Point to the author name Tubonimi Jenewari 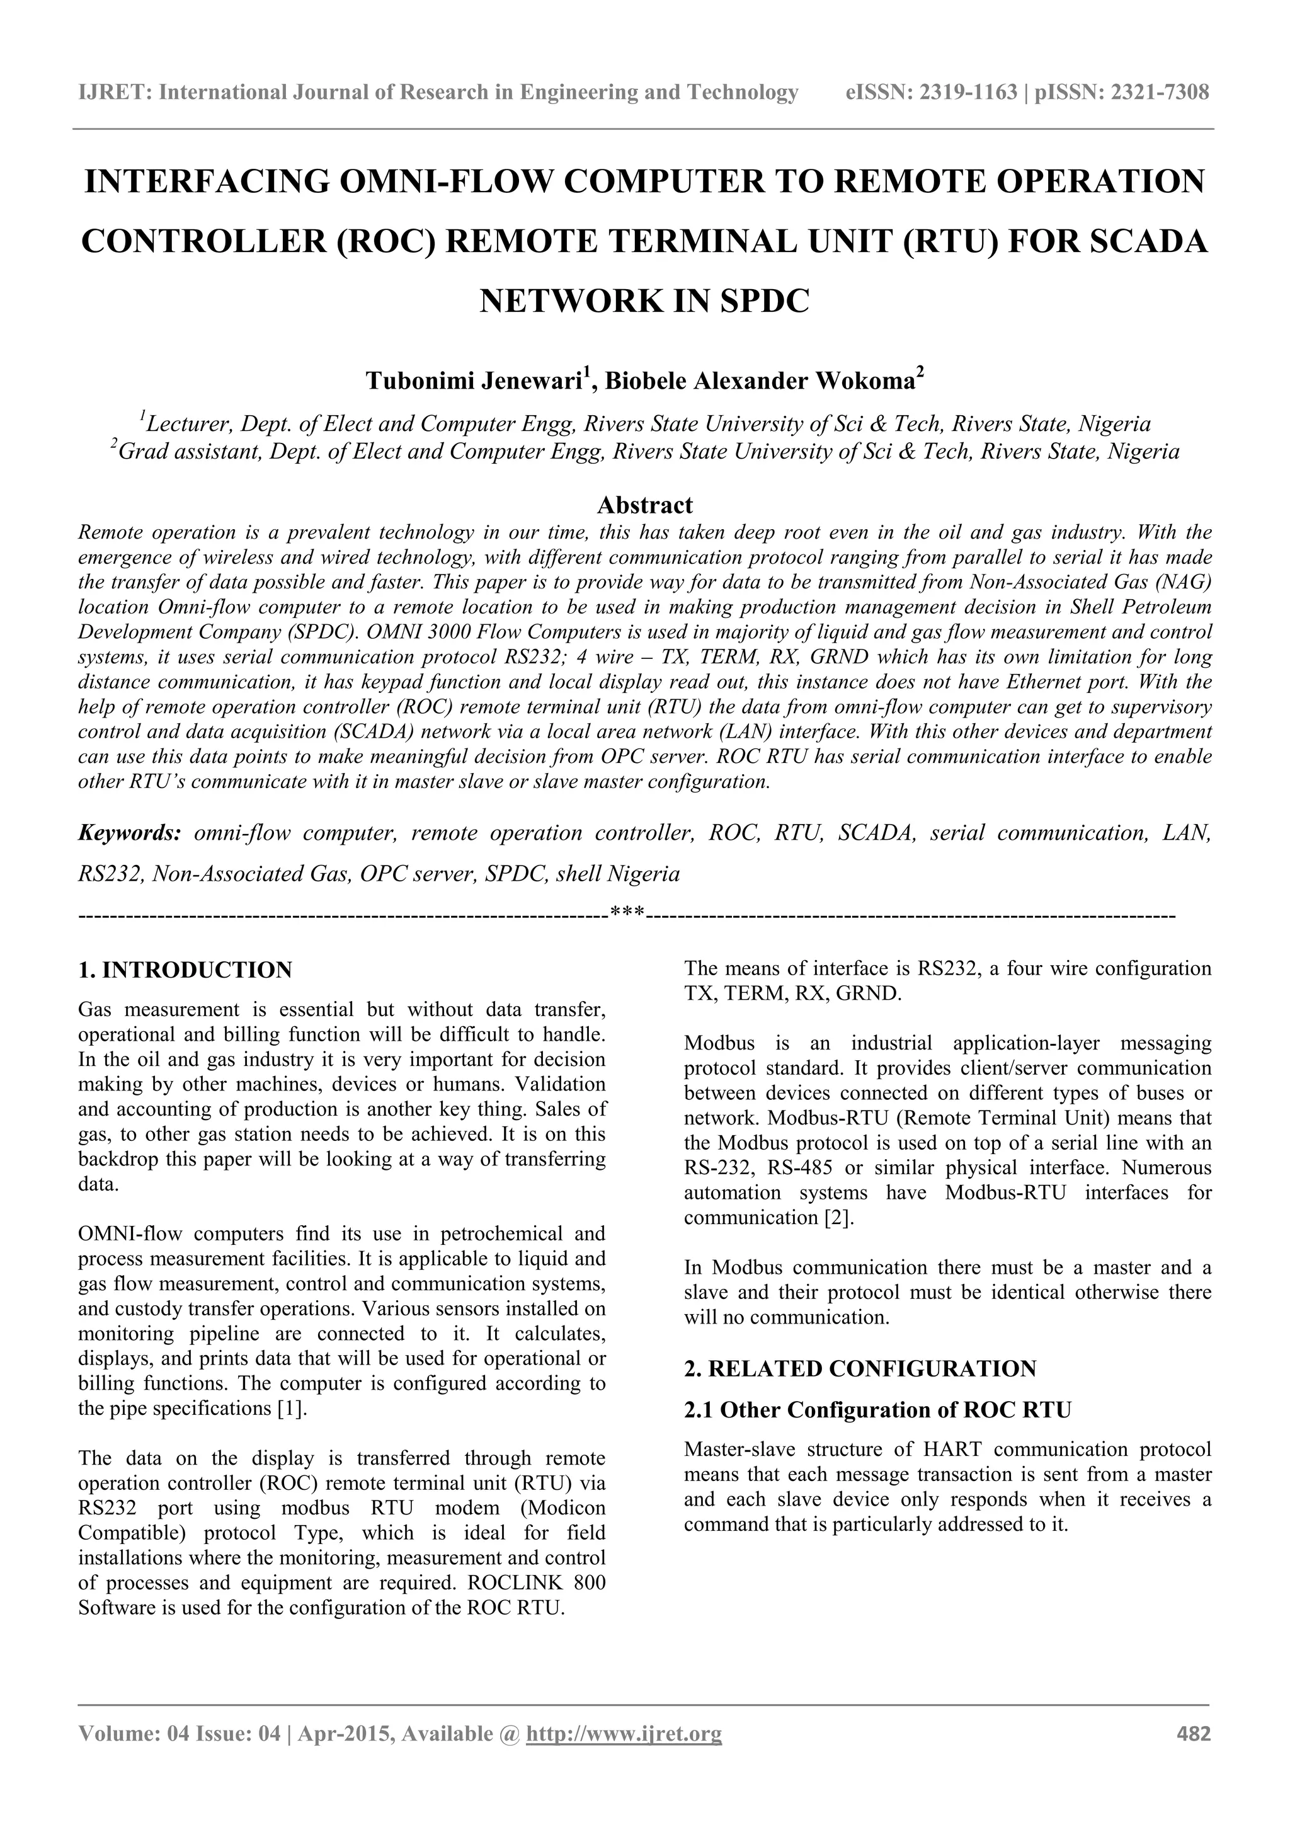[474, 382]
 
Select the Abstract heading [644, 505]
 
